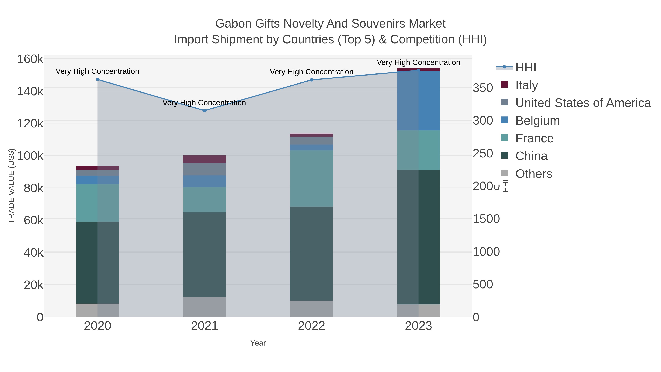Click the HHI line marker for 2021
[x=205, y=111]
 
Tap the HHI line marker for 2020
[x=97, y=80]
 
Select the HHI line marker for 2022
[x=312, y=80]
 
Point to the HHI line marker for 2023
[x=418, y=70]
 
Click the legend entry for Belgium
[x=537, y=121]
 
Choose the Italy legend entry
[x=527, y=85]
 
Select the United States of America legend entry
[x=583, y=103]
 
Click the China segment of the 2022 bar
[x=312, y=253]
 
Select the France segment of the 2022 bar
[x=312, y=178]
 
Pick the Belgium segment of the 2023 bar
[x=418, y=101]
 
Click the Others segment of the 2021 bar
[x=205, y=307]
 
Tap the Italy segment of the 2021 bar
[x=205, y=159]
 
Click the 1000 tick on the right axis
[x=486, y=252]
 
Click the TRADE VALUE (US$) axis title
[x=12, y=186]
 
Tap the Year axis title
[x=258, y=343]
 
